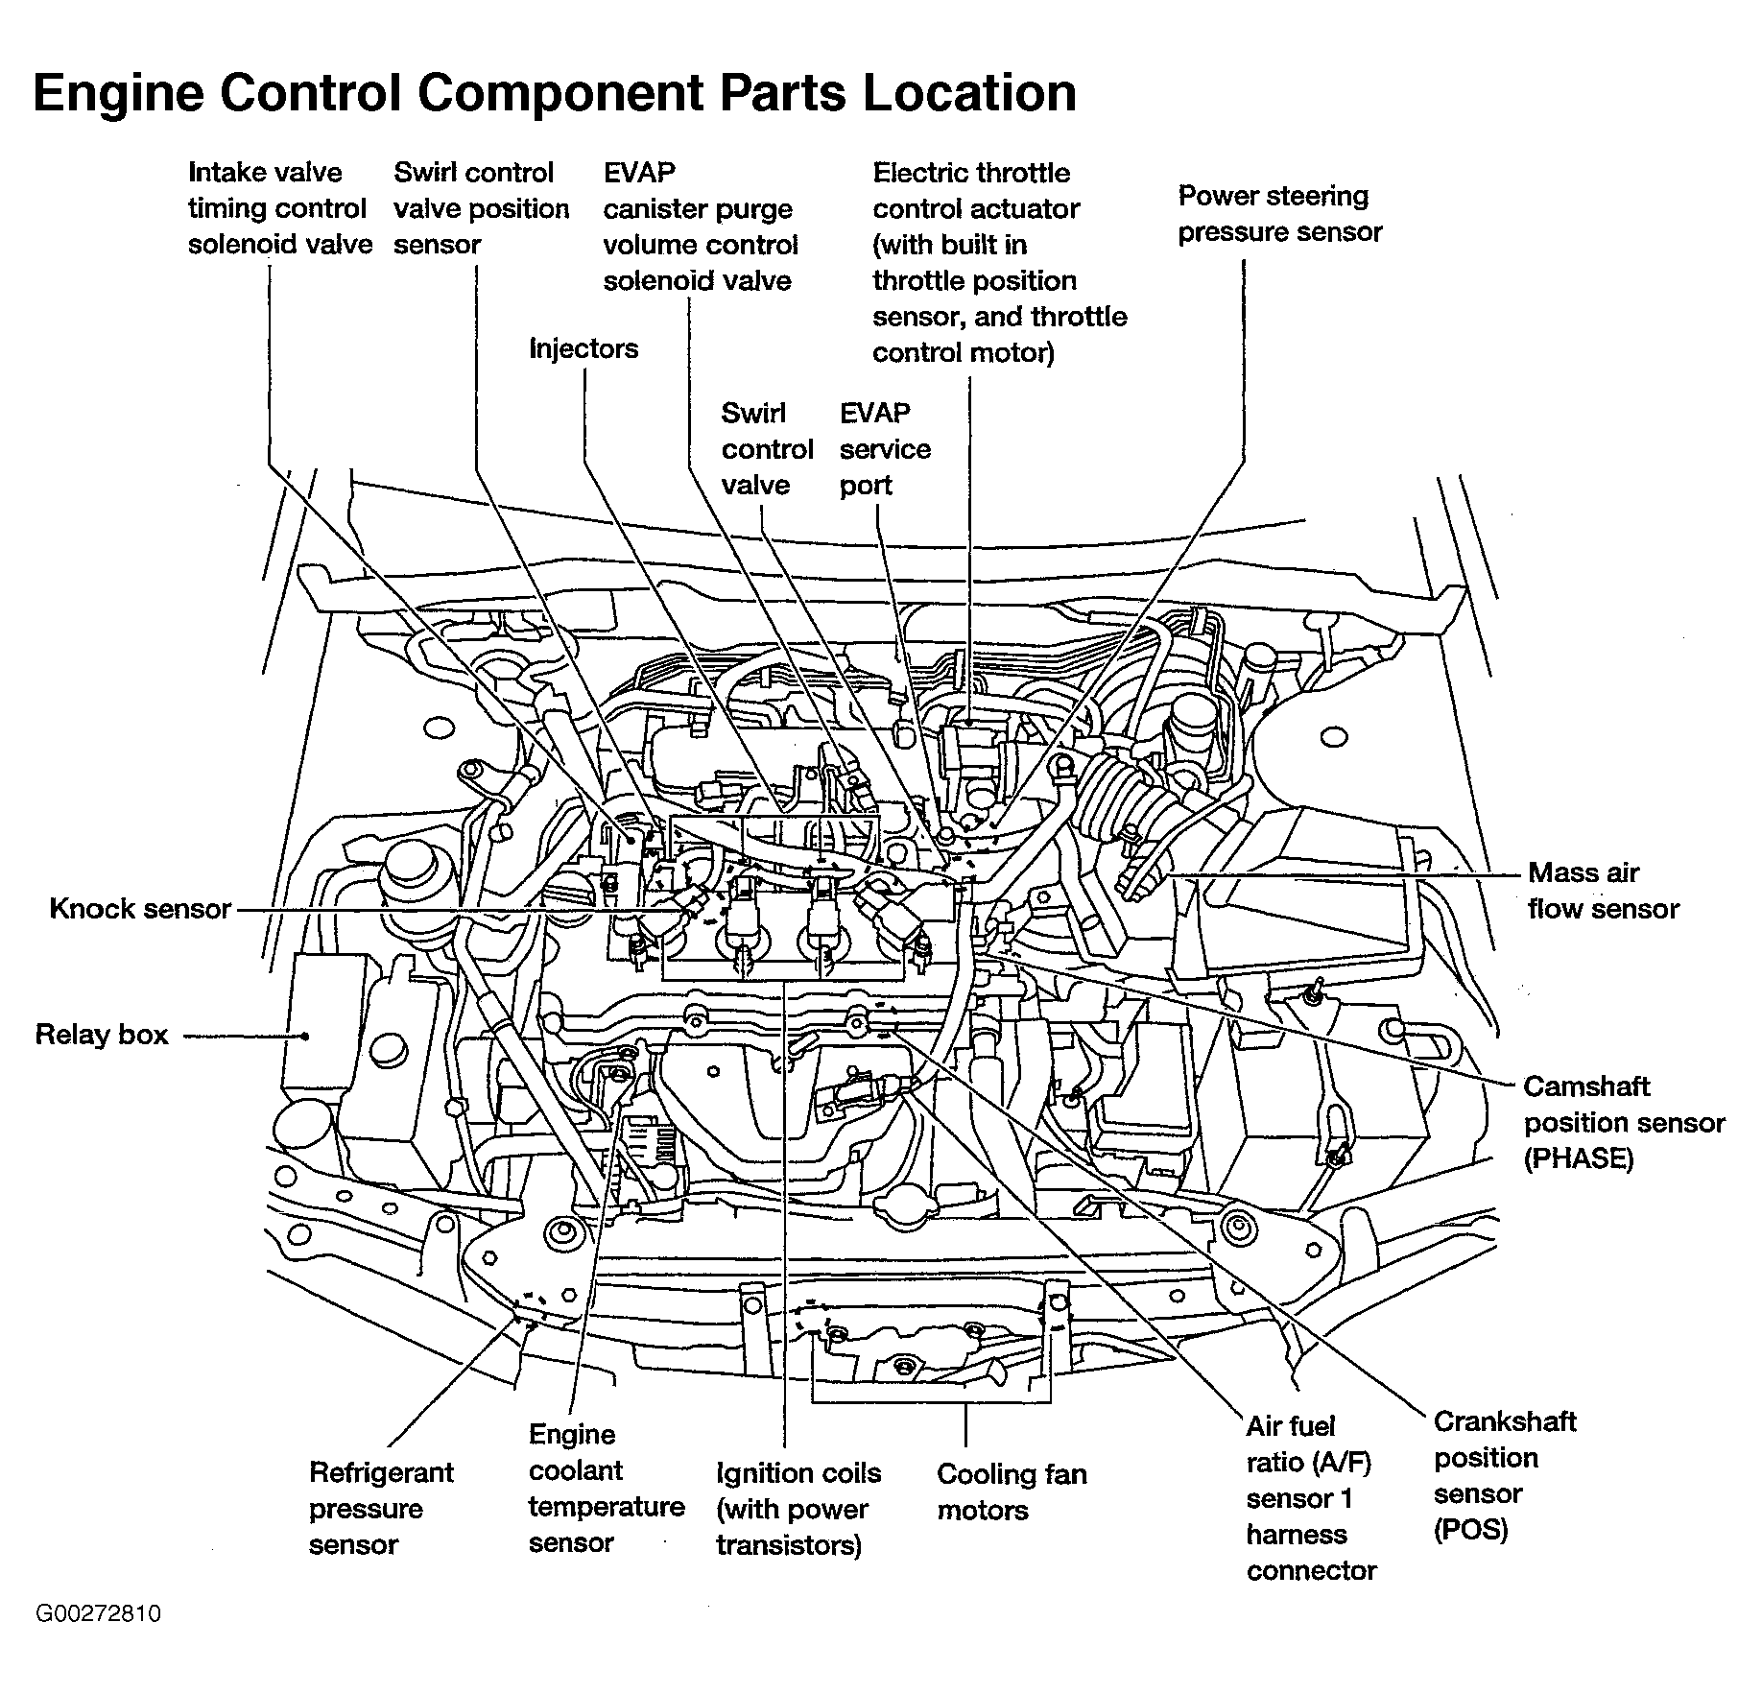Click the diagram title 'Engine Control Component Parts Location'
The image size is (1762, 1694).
pos(555,94)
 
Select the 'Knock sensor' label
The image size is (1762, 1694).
pos(140,909)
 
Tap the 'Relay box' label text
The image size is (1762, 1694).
pos(102,1035)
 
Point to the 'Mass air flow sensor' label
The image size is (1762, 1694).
pos(1603,891)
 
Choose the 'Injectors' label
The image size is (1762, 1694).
pos(583,348)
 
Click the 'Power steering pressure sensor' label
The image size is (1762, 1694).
pos(1280,214)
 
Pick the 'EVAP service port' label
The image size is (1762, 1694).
pos(885,449)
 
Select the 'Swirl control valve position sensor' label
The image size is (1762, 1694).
pos(481,208)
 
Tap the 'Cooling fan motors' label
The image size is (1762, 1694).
pos(1012,1491)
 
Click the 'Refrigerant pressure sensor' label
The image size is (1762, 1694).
pos(381,1509)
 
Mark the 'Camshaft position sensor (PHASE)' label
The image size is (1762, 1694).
pos(1624,1122)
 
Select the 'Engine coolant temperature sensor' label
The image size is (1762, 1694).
pos(606,1489)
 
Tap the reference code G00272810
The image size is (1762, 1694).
pos(99,1613)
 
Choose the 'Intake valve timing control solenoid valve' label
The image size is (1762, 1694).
pos(279,208)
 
